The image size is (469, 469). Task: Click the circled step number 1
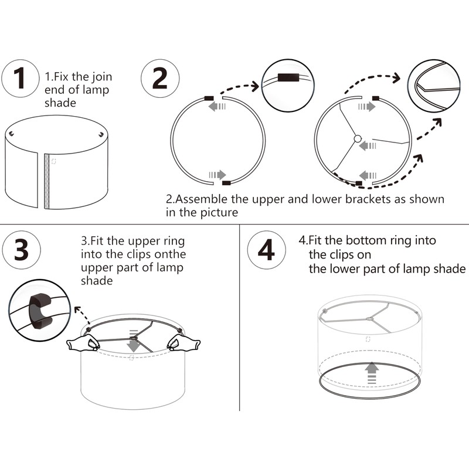coord(21,79)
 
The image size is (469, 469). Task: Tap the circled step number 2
coord(160,79)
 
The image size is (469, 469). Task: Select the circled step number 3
coord(21,250)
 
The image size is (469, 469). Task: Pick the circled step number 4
coord(266,250)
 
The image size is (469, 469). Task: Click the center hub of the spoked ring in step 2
coord(358,139)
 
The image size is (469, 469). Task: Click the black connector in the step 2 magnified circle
coord(288,77)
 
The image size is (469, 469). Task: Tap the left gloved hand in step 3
coord(83,342)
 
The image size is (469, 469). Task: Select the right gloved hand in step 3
coord(183,342)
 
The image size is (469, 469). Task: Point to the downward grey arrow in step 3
coord(133,341)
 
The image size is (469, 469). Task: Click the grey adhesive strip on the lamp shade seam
coord(47,181)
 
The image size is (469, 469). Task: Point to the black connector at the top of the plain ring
coord(209,98)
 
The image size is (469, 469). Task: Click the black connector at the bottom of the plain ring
coord(226,183)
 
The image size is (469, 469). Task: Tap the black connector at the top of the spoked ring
coord(375,98)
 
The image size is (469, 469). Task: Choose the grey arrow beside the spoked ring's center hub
coord(368,146)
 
